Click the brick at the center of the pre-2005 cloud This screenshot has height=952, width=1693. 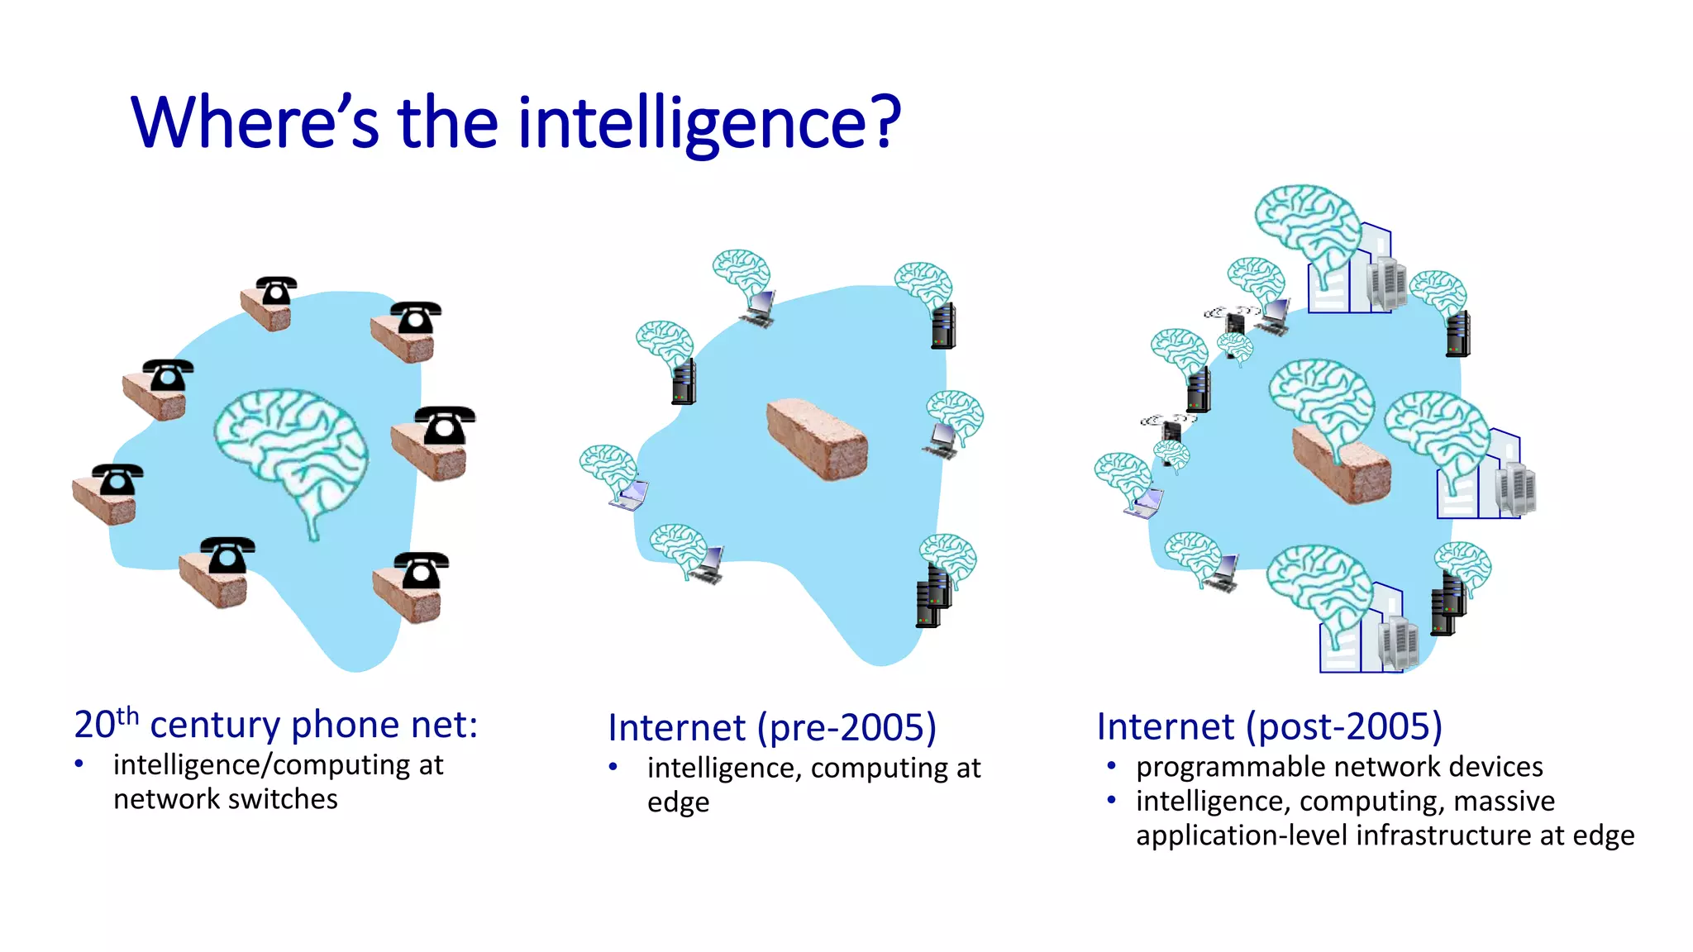point(818,440)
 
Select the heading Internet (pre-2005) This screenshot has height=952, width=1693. point(772,728)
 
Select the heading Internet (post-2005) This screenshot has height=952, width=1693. point(1269,727)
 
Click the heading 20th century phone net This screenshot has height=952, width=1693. point(275,725)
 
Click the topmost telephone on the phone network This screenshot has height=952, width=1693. point(275,291)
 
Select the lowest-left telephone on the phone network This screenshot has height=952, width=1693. point(117,480)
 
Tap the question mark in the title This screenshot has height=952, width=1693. point(885,124)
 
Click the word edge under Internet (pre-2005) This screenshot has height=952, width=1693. point(678,803)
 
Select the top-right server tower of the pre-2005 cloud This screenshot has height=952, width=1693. point(943,326)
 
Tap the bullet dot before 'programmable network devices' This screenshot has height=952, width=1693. point(1112,767)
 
